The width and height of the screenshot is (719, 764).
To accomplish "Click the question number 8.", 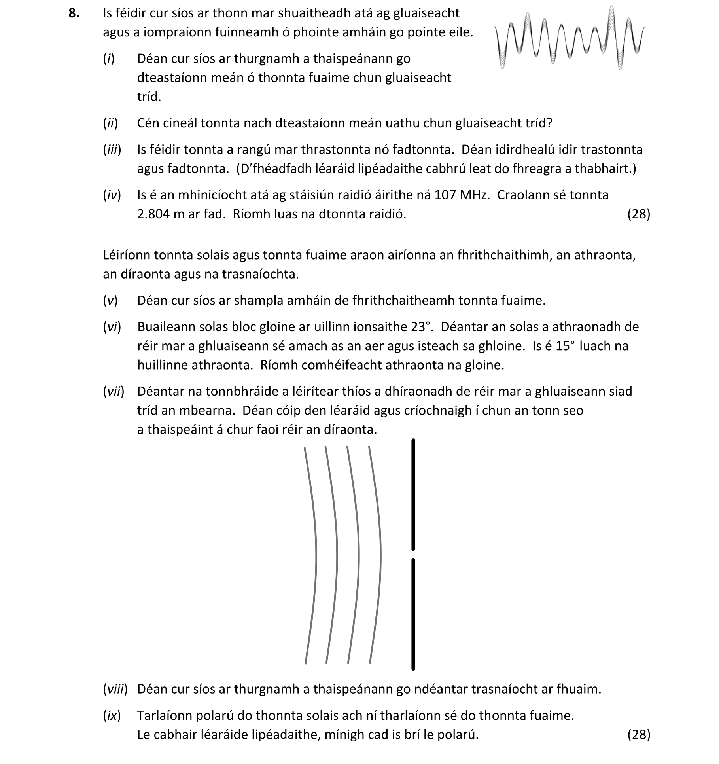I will pos(74,13).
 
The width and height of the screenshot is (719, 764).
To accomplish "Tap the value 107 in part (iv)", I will pos(445,195).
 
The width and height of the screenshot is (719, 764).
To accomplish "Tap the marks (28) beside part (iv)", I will pos(638,214).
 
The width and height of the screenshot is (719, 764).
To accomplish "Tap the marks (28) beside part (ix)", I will pos(638,734).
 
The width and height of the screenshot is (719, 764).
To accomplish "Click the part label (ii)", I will pos(110,123).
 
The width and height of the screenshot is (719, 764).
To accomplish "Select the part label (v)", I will pos(110,301).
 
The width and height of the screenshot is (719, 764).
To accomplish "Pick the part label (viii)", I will pos(115,689).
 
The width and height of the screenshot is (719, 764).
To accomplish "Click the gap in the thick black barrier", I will pos(413,554).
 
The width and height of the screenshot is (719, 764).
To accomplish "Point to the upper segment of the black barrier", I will pos(413,495).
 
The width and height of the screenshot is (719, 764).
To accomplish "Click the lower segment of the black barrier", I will pos(413,613).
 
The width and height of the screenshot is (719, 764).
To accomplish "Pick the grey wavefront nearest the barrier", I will pos(380,554).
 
